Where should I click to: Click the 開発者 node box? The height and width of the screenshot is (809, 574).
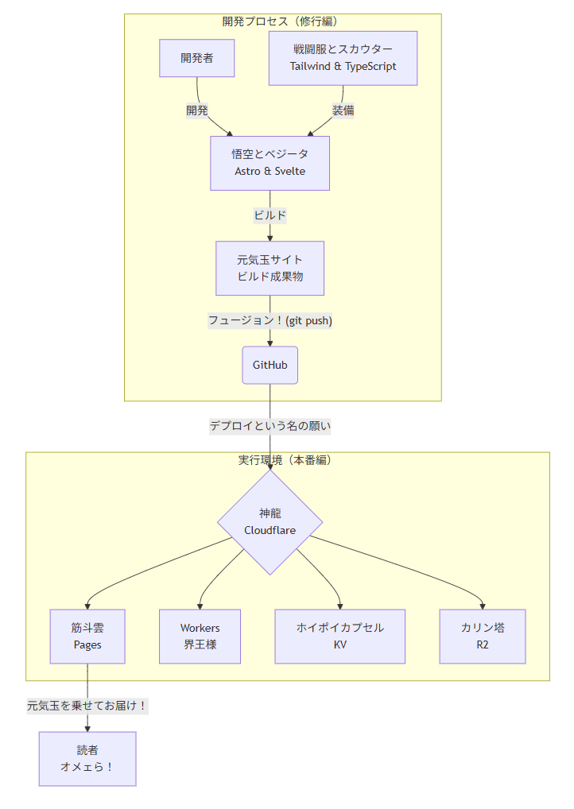pyautogui.click(x=196, y=58)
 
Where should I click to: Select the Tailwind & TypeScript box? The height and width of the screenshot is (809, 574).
pyautogui.click(x=343, y=58)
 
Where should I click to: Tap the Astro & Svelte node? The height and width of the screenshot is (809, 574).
pyautogui.click(x=270, y=163)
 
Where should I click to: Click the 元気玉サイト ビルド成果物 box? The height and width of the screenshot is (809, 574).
pyautogui.click(x=270, y=268)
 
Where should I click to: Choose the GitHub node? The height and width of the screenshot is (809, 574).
pyautogui.click(x=270, y=365)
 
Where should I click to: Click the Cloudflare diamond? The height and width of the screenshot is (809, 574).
pyautogui.click(x=270, y=522)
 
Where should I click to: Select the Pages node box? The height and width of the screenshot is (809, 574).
pyautogui.click(x=87, y=636)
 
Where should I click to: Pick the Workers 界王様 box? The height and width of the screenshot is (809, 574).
pyautogui.click(x=200, y=636)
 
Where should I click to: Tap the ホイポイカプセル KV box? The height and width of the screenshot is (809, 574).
pyautogui.click(x=339, y=636)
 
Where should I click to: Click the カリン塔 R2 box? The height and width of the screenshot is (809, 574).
pyautogui.click(x=483, y=636)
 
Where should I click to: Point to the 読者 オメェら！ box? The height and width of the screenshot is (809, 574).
pyautogui.click(x=87, y=758)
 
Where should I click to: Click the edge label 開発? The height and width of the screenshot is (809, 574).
pyautogui.click(x=197, y=110)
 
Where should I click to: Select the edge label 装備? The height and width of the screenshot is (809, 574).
pyautogui.click(x=343, y=110)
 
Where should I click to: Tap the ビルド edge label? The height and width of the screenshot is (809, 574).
pyautogui.click(x=270, y=215)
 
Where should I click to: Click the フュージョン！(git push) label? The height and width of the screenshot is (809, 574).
pyautogui.click(x=270, y=320)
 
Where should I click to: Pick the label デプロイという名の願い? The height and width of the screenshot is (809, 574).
pyautogui.click(x=270, y=426)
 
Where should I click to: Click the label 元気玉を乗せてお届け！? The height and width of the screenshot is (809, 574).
pyautogui.click(x=87, y=705)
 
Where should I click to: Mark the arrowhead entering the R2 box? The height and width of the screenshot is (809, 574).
pyautogui.click(x=483, y=606)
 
